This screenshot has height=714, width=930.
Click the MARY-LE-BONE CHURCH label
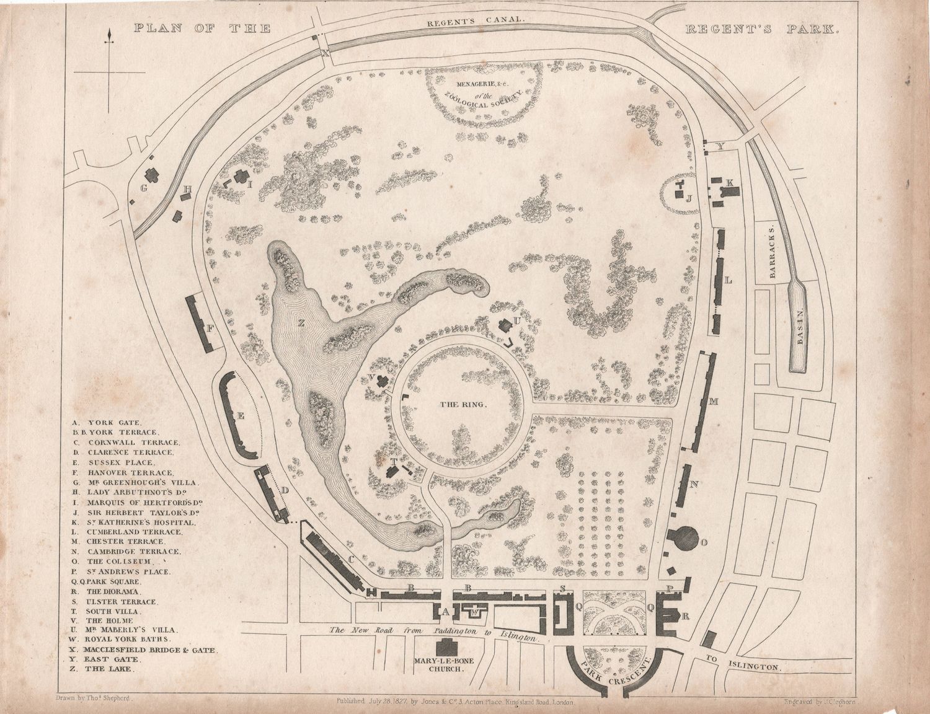445,665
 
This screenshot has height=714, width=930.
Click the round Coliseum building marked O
683,537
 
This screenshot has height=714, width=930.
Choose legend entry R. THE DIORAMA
110,591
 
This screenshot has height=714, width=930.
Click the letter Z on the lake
301,322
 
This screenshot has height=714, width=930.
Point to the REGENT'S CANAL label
476,19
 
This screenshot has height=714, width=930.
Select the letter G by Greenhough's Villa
144,188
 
